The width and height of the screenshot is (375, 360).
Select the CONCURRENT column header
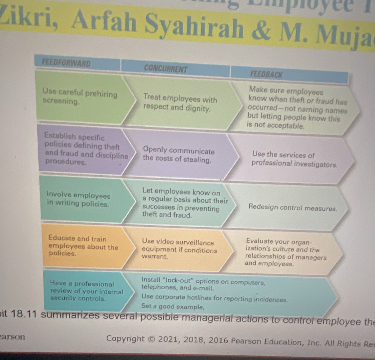pos(166,68)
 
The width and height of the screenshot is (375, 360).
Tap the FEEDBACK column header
pos(266,74)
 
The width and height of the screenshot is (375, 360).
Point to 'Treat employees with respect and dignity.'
pos(180,104)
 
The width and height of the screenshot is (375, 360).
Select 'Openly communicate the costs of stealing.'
pos(178,156)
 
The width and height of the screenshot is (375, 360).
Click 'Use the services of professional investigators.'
pos(294,159)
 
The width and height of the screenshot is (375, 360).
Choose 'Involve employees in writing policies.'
pos(78,200)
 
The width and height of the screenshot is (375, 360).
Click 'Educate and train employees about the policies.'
pos(83,246)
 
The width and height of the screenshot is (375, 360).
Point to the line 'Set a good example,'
pos(172,307)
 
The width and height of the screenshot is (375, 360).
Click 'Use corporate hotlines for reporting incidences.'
pos(214,299)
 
